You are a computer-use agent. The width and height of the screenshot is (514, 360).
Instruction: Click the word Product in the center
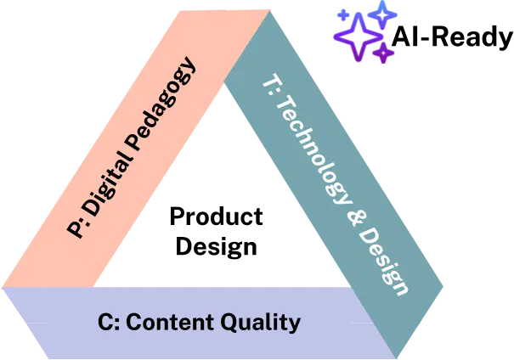(216, 217)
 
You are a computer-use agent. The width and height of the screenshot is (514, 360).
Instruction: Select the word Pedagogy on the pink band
(161, 104)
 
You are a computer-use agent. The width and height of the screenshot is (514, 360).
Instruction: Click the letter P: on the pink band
(76, 228)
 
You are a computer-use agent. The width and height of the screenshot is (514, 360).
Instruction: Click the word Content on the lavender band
(170, 322)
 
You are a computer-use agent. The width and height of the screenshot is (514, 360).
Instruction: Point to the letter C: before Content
(109, 322)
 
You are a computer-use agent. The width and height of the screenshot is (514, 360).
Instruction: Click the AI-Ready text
(452, 37)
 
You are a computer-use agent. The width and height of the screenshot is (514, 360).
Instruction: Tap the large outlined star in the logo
(359, 37)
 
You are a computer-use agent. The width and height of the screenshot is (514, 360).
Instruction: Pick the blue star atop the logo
(382, 14)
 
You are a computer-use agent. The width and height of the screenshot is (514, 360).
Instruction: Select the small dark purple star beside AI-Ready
(383, 53)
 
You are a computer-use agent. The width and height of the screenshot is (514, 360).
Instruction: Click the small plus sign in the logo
(343, 14)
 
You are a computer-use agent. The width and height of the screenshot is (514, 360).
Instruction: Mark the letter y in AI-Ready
(505, 41)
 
